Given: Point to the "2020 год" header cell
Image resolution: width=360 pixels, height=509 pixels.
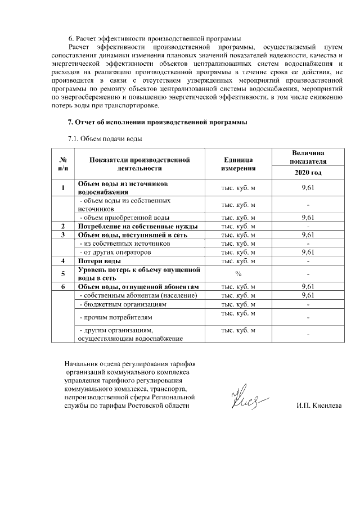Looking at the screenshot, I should [308, 173].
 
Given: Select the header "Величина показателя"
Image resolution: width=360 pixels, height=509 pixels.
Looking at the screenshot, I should [308, 157].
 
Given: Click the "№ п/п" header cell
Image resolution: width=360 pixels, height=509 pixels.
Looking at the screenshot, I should [63, 164].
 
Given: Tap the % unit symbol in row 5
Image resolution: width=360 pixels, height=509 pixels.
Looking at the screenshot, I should [238, 273].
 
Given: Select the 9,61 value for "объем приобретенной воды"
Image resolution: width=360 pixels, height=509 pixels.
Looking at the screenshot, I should [308, 218].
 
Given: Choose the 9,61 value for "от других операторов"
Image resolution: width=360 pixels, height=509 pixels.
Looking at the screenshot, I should [308, 252].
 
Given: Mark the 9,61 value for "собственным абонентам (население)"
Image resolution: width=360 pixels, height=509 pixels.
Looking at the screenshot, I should [308, 295].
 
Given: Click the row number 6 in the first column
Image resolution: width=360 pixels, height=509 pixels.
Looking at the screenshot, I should [63, 287].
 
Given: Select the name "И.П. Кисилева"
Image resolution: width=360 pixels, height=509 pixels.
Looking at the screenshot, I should [319, 406].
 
